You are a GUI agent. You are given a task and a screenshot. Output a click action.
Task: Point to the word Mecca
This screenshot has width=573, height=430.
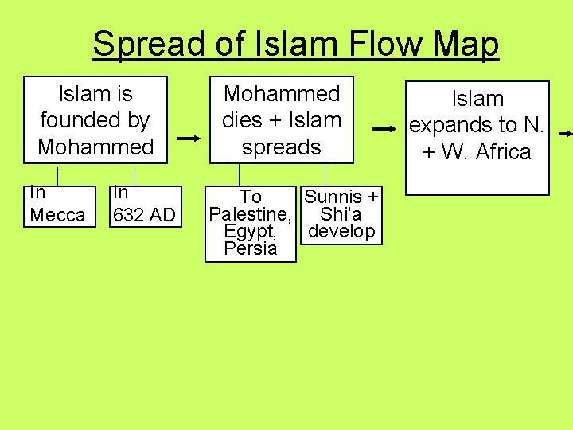coord(57,215)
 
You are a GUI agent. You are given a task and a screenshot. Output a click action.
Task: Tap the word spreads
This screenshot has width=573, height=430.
coord(282,147)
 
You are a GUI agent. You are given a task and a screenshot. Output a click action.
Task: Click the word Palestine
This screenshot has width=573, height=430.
coord(248,214)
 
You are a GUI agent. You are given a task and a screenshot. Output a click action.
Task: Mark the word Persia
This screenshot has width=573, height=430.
coord(250,248)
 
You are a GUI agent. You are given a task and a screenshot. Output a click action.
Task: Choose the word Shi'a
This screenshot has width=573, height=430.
coord(341,214)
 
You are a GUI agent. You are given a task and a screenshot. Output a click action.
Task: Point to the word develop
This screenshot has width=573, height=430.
coord(341,232)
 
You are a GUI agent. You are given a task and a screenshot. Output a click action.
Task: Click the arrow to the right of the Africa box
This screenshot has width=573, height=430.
coord(564,133)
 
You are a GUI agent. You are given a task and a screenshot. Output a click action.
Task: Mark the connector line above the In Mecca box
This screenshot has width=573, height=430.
coord(58,175)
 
